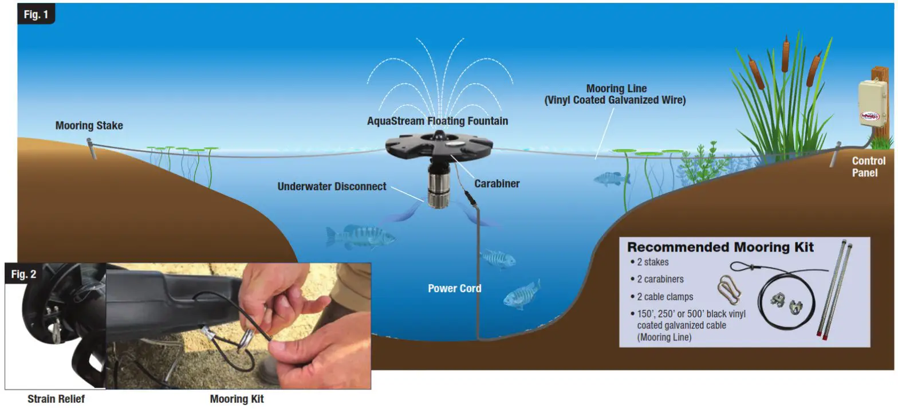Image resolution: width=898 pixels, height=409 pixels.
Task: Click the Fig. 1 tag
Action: [x=36, y=14]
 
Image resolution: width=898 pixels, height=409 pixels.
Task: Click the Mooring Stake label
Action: [x=89, y=125]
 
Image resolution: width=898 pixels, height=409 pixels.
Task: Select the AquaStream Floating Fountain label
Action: [x=437, y=121]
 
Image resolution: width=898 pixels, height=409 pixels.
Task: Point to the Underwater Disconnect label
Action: [x=332, y=187]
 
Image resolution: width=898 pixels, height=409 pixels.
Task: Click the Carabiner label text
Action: [x=497, y=184]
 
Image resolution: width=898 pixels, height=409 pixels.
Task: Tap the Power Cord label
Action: [x=454, y=288]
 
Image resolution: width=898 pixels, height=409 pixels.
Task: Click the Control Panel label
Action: [x=868, y=167]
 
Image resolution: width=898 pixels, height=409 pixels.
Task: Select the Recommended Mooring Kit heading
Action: [x=720, y=247]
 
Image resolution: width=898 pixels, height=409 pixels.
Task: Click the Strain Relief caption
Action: [x=56, y=399]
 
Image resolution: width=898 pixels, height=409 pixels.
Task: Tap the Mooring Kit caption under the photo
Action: [x=237, y=399]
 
